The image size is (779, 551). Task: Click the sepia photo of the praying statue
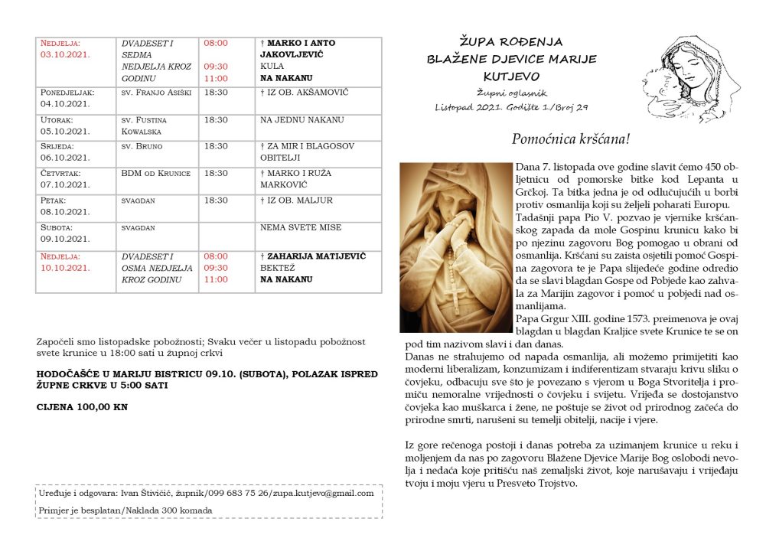click(455, 246)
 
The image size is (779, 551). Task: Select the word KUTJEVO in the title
click(511, 77)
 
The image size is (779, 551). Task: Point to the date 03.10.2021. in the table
click(66, 54)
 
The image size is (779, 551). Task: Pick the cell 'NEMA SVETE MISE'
click(301, 227)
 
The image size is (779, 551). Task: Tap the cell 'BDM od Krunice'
click(155, 174)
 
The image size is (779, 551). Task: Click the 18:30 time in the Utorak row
click(215, 120)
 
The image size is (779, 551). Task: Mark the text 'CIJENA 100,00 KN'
click(82, 407)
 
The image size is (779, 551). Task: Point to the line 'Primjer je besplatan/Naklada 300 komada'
click(125, 510)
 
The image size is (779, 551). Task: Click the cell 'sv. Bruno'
click(142, 146)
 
